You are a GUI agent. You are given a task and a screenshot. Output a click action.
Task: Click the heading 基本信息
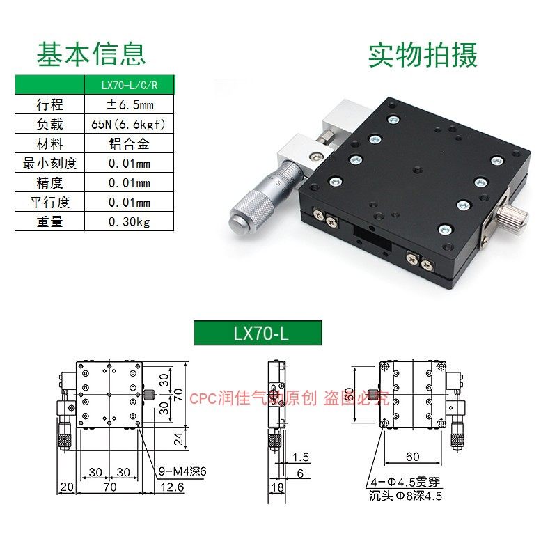[91, 54]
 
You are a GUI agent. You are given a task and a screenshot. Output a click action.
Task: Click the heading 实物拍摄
[423, 55]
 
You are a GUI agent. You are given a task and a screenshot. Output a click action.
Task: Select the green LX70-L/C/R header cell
[130, 85]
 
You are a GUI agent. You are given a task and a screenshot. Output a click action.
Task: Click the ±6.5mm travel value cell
[130, 104]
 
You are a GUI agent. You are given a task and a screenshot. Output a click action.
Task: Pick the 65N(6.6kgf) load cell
[130, 124]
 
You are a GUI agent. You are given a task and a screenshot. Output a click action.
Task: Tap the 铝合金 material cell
[130, 144]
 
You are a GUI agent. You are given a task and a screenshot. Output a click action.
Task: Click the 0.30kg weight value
[130, 222]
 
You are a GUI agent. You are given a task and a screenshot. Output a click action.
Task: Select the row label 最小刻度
[49, 164]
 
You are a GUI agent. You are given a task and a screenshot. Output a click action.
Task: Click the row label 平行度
[49, 203]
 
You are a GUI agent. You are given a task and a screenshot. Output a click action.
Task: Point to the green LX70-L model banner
[257, 333]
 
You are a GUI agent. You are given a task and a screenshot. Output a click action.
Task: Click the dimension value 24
[177, 438]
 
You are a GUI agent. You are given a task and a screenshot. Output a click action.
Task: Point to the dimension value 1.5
[301, 457]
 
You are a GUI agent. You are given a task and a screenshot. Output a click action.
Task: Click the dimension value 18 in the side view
[277, 487]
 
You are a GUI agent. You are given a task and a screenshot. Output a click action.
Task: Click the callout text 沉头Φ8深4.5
[406, 496]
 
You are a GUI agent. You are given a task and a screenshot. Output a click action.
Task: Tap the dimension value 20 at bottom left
[67, 487]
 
